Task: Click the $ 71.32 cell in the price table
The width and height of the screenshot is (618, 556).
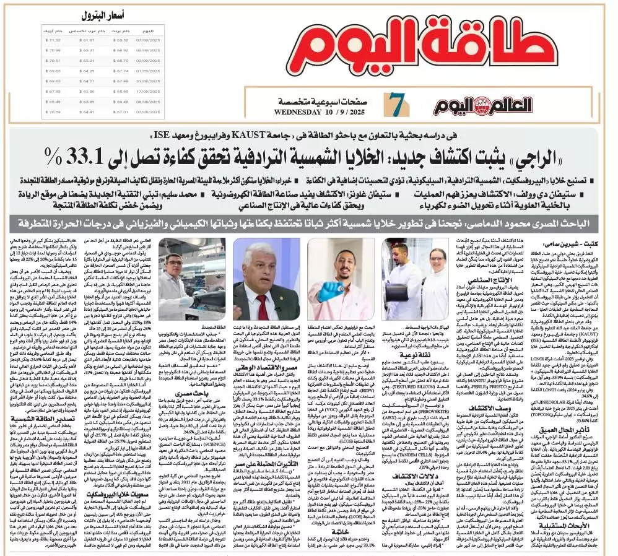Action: click(54, 40)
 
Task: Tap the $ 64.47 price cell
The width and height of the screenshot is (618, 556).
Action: click(87, 111)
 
